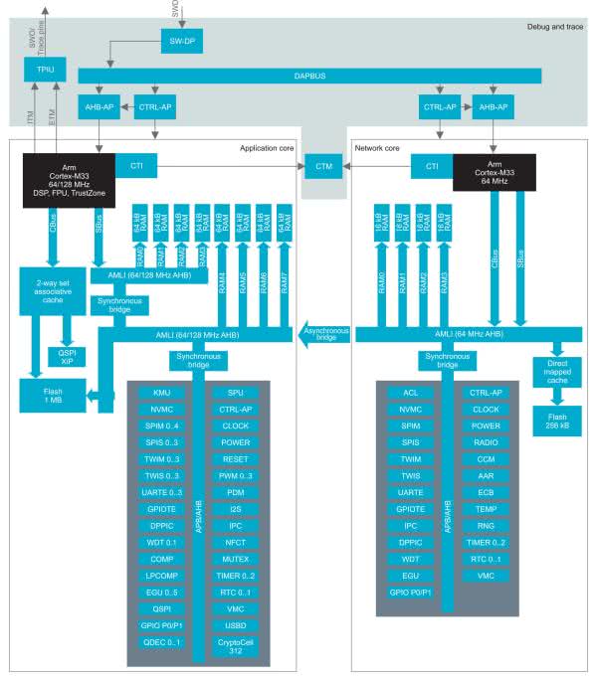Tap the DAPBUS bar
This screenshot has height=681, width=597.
(x=309, y=76)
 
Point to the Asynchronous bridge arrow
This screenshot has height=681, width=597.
(x=325, y=337)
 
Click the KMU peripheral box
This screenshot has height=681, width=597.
(x=162, y=393)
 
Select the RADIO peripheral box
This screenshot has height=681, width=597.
(x=486, y=441)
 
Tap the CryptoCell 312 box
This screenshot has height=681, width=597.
(x=235, y=646)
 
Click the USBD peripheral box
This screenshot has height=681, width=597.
(x=235, y=625)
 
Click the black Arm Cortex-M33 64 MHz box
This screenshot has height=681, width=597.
(x=495, y=171)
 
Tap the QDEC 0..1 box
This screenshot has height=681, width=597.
(x=162, y=642)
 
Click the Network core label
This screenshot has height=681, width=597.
(x=378, y=148)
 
